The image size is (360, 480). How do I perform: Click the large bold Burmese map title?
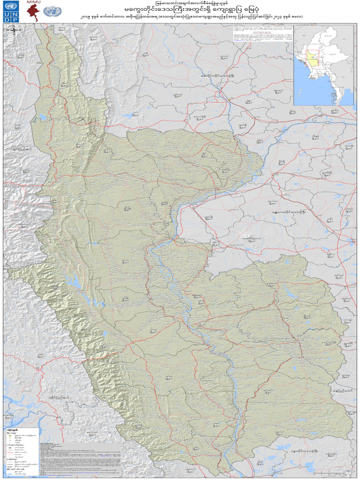tap(180, 10)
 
